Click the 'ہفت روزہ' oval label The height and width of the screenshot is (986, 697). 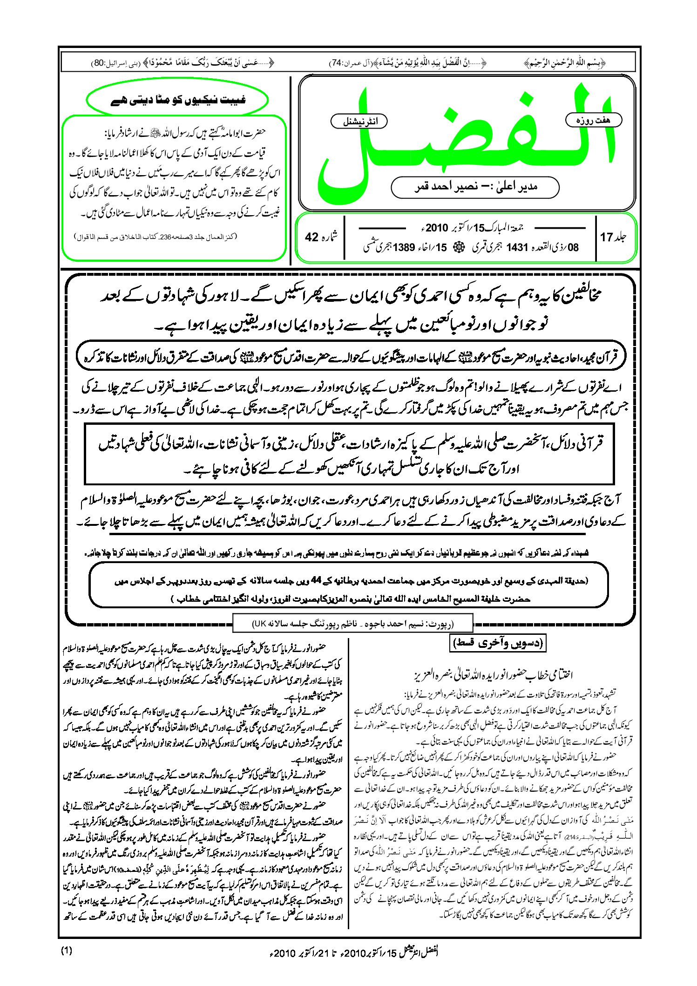click(x=594, y=121)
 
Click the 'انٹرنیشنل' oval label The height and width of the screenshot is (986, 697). click(x=359, y=122)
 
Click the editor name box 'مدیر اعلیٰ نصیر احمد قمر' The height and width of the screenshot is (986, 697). click(x=475, y=187)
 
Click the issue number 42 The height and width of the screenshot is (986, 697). click(x=311, y=237)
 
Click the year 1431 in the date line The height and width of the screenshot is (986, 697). click(x=516, y=248)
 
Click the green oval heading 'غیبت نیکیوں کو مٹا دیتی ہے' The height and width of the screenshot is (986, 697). click(x=178, y=100)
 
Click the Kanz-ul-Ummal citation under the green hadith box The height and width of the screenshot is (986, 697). click(x=156, y=237)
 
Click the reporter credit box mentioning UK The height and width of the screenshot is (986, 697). click(x=352, y=624)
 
